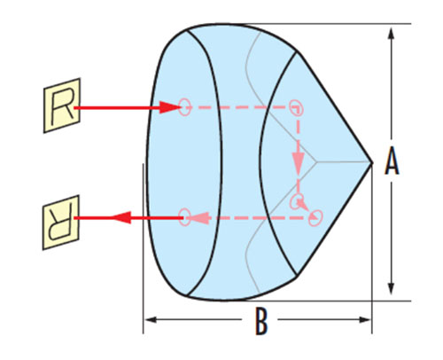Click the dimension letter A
pos(392,161)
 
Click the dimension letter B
pos(261,321)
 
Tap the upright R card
pos(62,106)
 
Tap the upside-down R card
pos(61,223)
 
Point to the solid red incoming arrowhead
pos(169,107)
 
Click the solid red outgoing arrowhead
pos(120,218)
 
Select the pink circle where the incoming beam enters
pos(184,107)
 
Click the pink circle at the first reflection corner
pos(296,107)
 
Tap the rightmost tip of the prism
pos(372,162)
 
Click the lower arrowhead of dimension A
pos(392,286)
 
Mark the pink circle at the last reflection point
pos(315,218)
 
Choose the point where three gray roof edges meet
pos(316,162)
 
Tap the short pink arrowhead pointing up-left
pos(300,202)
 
